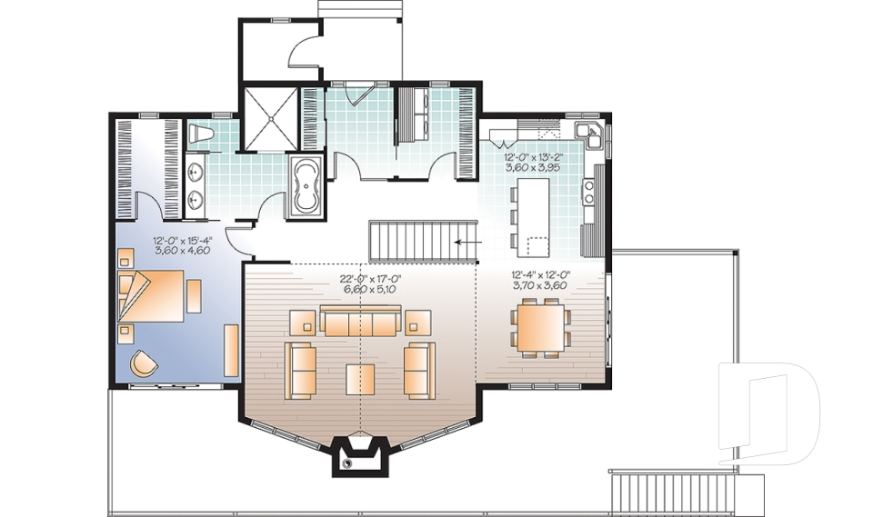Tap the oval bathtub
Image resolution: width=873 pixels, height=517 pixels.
tap(304, 185)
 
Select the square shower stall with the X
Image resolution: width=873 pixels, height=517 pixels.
tap(272, 118)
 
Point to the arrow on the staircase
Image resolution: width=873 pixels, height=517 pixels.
tap(467, 242)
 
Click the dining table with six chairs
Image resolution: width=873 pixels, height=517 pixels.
tap(540, 328)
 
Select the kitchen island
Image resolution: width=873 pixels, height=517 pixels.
tap(533, 217)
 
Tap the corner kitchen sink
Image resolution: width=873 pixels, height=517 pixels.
tap(588, 134)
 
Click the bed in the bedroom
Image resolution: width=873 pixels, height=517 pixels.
tap(152, 295)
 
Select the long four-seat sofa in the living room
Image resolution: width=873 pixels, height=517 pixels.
tap(360, 323)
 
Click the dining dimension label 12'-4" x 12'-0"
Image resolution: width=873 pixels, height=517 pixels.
tap(540, 274)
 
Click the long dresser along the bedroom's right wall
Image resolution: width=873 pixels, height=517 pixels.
tap(231, 351)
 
